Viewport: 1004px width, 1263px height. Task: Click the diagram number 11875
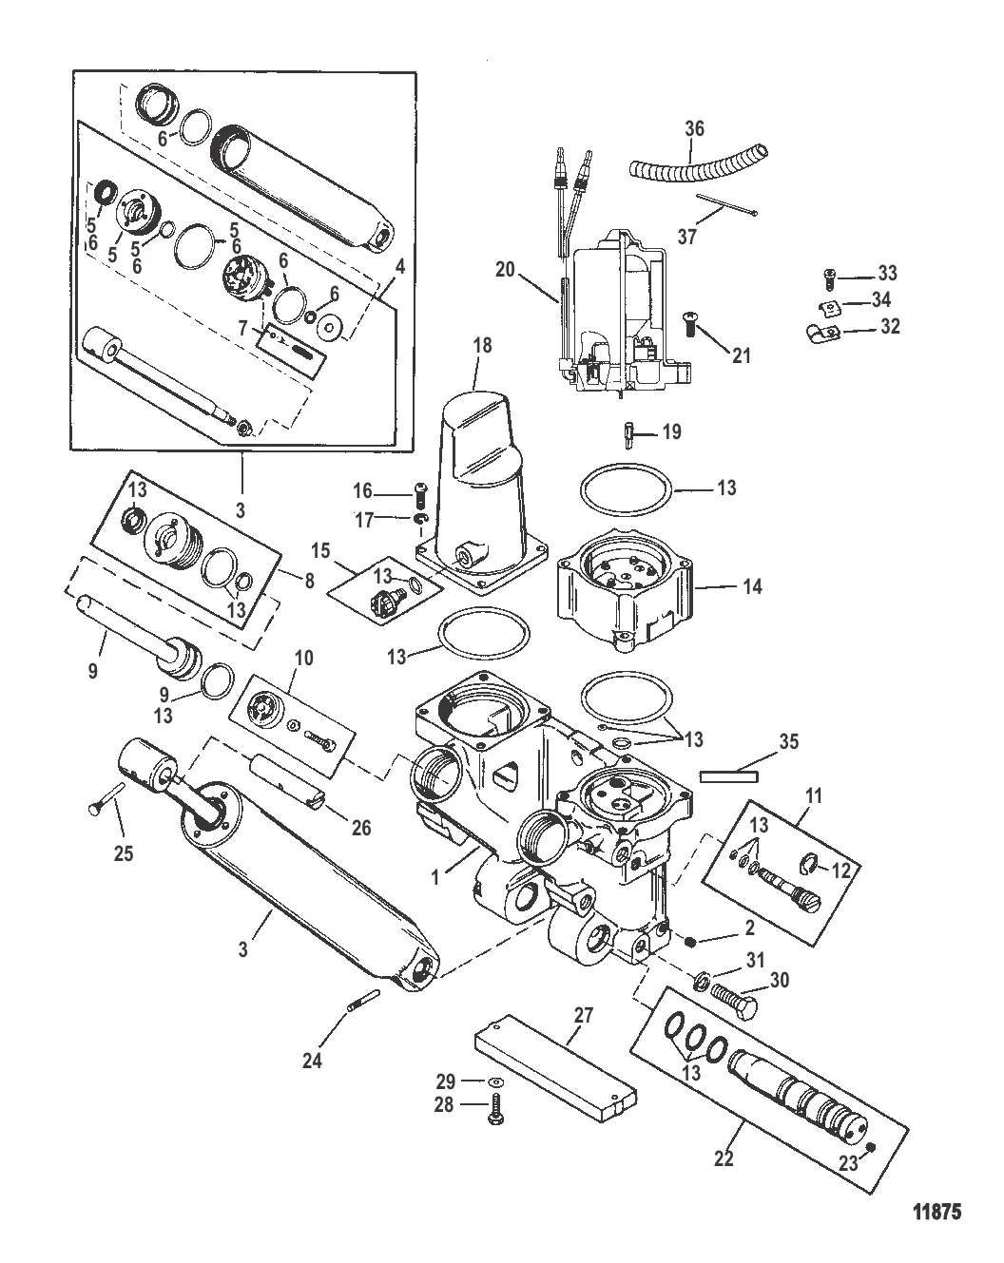[937, 1212]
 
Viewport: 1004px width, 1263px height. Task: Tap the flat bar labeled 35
[728, 775]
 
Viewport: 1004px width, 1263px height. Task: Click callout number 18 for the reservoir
[482, 345]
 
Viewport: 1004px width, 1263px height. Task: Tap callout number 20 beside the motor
[504, 271]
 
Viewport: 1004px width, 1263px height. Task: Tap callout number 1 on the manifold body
[435, 879]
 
